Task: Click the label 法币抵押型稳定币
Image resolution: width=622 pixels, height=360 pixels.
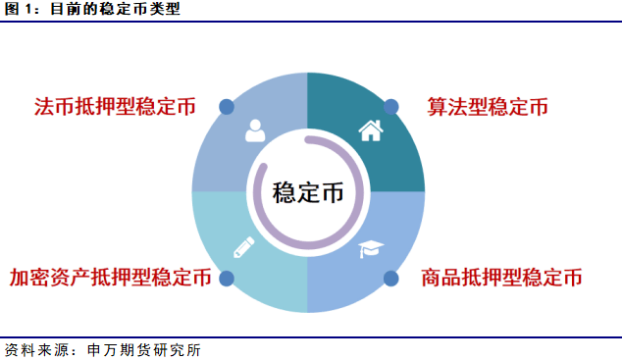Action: point(116,106)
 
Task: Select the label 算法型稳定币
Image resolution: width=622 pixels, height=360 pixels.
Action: point(487,106)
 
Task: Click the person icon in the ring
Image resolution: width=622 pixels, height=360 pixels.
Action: point(255,129)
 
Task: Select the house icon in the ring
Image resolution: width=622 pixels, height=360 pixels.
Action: point(370,129)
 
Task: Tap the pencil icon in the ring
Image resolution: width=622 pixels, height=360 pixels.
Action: point(243,247)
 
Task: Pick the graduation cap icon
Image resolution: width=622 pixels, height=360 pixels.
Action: point(370,250)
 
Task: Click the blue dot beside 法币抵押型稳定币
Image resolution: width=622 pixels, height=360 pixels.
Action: point(227,106)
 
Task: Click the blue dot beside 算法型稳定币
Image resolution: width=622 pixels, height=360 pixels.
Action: point(390,106)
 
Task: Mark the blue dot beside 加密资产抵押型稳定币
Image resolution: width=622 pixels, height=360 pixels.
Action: point(227,278)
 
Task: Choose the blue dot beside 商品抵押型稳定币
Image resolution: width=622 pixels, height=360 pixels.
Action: point(390,278)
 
